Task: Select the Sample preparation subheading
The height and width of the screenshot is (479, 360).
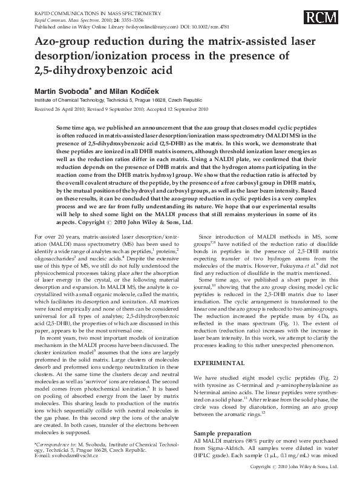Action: pos(224,434)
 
